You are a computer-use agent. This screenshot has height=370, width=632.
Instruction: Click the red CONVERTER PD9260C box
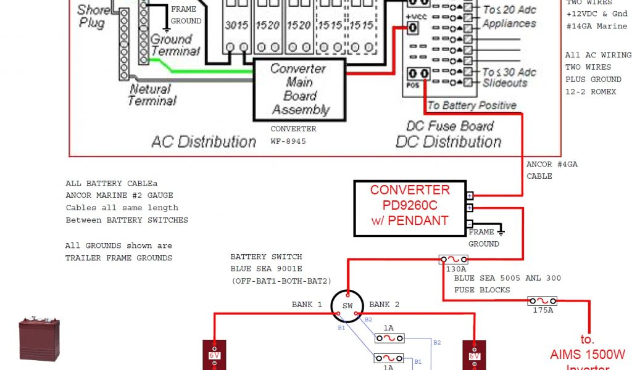pos(409,208)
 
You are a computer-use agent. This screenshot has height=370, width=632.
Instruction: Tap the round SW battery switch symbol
pos(347,306)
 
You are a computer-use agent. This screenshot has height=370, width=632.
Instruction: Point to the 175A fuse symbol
pos(543,301)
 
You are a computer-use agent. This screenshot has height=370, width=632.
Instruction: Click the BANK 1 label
pos(307,305)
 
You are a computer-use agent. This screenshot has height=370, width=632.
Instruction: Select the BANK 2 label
pos(385,305)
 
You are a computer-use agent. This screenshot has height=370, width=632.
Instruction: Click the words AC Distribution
pos(204,142)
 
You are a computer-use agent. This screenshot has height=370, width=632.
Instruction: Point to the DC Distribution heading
pos(449,142)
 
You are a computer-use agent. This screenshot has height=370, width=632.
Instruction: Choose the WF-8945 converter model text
pos(288,141)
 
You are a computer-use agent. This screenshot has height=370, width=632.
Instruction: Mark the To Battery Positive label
pos(472,105)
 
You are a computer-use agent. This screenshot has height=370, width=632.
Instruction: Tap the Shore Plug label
pos(92,17)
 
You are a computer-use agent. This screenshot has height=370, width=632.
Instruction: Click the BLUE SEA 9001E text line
pos(266,269)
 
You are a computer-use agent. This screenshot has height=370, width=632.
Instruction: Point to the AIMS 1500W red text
pos(588,355)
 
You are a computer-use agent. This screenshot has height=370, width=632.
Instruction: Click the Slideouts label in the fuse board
pos(504,83)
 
